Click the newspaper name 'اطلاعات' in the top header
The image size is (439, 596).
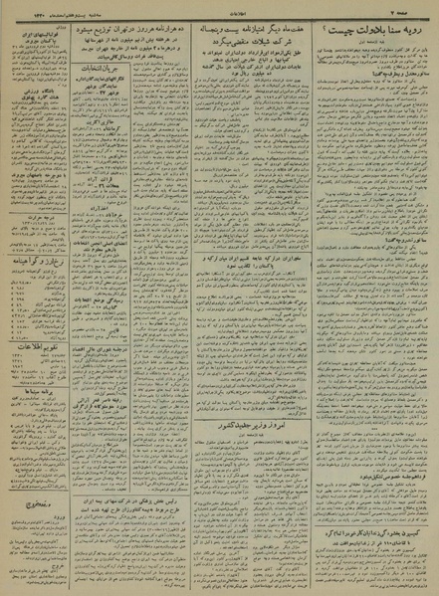pos(220,9)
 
